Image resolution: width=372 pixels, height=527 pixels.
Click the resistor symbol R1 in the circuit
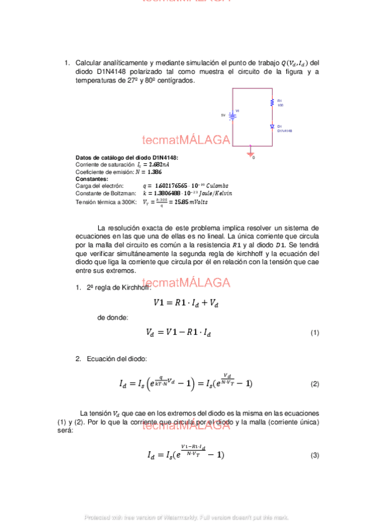[271, 103]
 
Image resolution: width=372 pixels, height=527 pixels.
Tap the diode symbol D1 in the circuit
[271, 126]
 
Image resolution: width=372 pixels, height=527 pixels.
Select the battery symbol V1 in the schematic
[232, 115]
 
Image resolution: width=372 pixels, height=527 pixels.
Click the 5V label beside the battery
[223, 115]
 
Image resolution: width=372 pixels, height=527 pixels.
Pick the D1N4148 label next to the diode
[284, 131]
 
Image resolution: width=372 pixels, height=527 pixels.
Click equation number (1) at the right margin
[314, 333]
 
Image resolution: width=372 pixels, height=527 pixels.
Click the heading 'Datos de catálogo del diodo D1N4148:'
[127, 158]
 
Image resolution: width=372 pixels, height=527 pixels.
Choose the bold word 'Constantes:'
[91, 179]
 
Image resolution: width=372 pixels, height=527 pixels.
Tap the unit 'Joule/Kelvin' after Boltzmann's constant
[214, 193]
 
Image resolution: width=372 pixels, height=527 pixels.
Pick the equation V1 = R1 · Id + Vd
[186, 303]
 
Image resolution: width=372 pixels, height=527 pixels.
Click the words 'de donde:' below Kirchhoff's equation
[112, 318]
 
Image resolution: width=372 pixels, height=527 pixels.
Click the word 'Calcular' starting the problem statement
[90, 63]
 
